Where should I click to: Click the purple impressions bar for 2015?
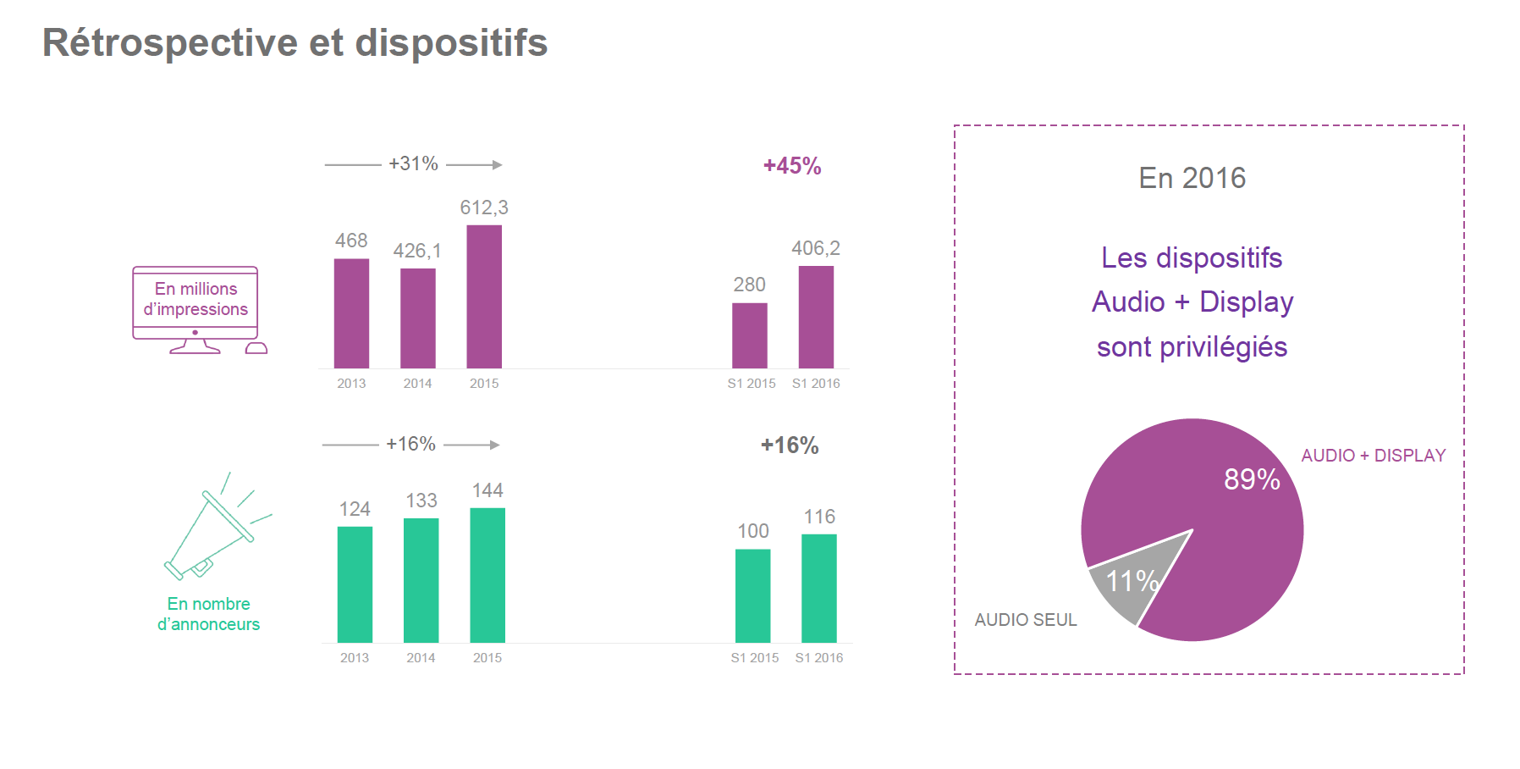pyautogui.click(x=484, y=296)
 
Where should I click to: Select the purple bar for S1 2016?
pyautogui.click(x=816, y=317)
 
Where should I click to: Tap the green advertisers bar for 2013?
pyautogui.click(x=355, y=584)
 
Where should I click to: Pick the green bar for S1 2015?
pyautogui.click(x=752, y=595)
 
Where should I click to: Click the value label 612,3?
pyautogui.click(x=484, y=207)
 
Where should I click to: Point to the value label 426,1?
pyautogui.click(x=417, y=251)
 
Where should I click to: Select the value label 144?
pyautogui.click(x=487, y=490)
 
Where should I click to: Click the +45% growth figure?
pyautogui.click(x=792, y=166)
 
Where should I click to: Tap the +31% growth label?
pyautogui.click(x=413, y=163)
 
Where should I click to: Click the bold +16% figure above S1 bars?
pyautogui.click(x=790, y=445)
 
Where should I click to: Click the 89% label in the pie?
pyautogui.click(x=1252, y=479)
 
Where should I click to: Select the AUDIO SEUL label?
pyautogui.click(x=1026, y=620)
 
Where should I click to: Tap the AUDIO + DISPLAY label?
pyautogui.click(x=1373, y=456)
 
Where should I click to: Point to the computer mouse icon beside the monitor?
pyautogui.click(x=256, y=348)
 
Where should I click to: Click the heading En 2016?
pyautogui.click(x=1192, y=178)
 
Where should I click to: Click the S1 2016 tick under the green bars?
pyautogui.click(x=819, y=658)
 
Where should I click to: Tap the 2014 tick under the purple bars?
pyautogui.click(x=417, y=384)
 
